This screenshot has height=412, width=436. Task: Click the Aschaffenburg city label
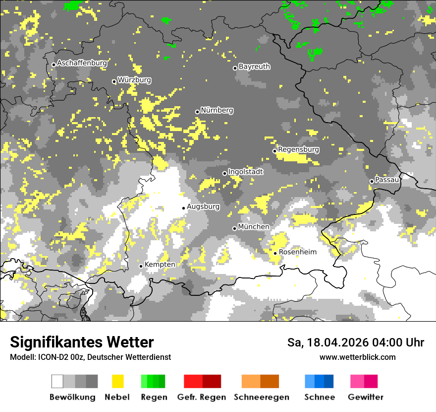click(82, 63)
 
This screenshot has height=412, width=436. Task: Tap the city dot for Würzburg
click(114, 81)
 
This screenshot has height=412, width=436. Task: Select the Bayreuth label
click(254, 66)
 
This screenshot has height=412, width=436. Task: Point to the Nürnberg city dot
click(197, 112)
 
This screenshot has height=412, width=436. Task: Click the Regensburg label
click(298, 149)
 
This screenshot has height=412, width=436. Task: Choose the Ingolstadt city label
click(245, 172)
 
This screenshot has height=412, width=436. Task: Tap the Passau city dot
click(372, 181)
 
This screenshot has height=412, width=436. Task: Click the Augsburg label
click(203, 206)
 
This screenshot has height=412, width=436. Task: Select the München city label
click(254, 227)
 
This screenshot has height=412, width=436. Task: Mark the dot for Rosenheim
click(275, 253)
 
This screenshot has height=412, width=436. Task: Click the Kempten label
click(160, 265)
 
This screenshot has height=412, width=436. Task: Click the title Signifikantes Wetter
click(82, 342)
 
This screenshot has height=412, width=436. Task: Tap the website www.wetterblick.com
click(357, 357)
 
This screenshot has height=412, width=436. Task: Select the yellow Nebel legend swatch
click(118, 381)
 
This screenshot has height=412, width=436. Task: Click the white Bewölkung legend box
click(57, 381)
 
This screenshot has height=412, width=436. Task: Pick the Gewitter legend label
click(365, 397)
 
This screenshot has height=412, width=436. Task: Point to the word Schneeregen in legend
click(261, 397)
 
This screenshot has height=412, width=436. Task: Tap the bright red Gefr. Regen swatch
click(193, 381)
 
